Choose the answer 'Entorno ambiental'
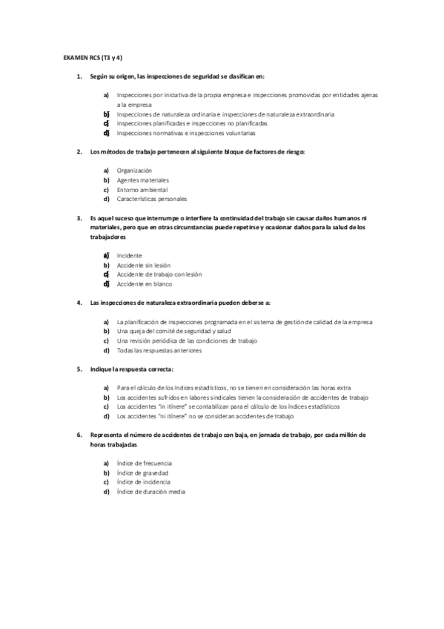coord(142,190)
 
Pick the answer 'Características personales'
coord(152,199)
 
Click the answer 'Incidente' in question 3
coord(130,255)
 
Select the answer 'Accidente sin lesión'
coord(145,265)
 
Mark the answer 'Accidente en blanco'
coord(144,283)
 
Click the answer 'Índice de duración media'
coord(150,491)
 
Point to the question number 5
coord(79,369)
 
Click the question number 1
coord(79,76)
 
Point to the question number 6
coord(79,435)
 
